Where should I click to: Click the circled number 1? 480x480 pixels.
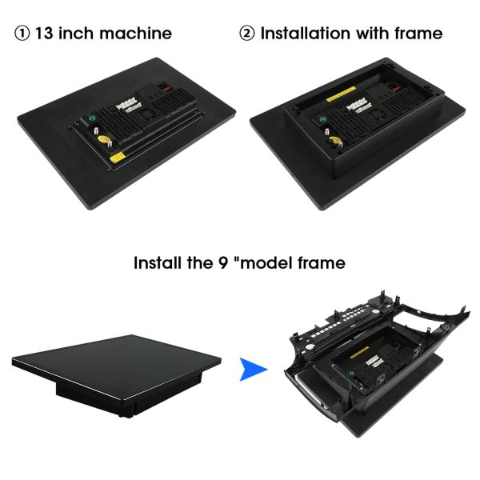[22, 34]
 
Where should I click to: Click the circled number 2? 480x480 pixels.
[246, 34]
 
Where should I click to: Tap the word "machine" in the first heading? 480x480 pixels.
[136, 34]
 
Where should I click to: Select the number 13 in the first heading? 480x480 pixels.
[44, 34]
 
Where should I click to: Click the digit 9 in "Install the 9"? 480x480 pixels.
[223, 263]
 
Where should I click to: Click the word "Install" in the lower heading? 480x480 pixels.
[158, 263]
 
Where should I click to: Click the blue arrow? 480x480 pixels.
[253, 370]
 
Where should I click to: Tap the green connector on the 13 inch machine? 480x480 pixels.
[91, 118]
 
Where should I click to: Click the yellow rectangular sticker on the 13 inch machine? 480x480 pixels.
[116, 158]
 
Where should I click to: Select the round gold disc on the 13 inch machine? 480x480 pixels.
[103, 139]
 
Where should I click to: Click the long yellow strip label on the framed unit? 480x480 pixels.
[342, 94]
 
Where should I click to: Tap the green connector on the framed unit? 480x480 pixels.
[322, 119]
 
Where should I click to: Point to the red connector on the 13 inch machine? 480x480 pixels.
[167, 89]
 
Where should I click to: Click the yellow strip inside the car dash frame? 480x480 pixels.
[359, 353]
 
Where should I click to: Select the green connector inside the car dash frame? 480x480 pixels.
[352, 374]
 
